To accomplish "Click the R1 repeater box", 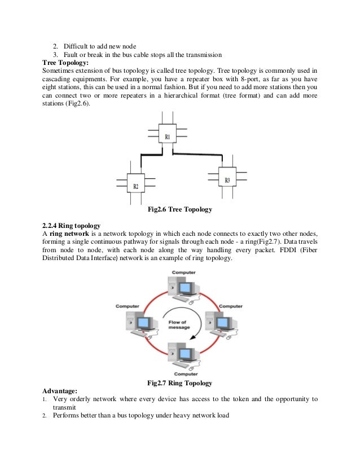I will tap(168, 137).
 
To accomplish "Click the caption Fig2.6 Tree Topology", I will tap(179, 210).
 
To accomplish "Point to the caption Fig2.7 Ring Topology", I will tap(179, 383).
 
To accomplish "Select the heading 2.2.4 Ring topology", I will tap(73, 226).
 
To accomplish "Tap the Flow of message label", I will tap(179, 324).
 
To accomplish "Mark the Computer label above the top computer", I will tap(184, 272).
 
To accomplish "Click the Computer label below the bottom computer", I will tap(186, 373).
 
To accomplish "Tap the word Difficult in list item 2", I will tap(76, 45).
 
